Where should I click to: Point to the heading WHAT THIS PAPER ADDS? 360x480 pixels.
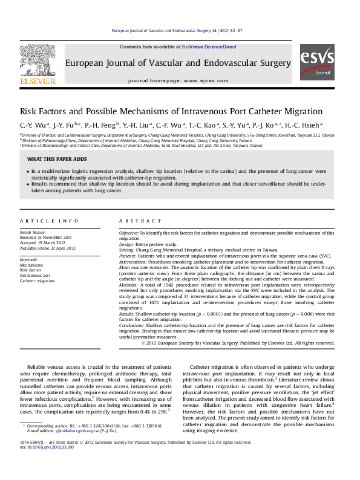(57, 159)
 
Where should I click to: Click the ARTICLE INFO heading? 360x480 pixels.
(49, 221)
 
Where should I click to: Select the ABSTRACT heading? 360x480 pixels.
(136, 221)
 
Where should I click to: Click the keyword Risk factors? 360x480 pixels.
(31, 270)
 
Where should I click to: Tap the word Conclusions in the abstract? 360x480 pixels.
(131, 326)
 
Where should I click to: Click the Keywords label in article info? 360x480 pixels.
(29, 259)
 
